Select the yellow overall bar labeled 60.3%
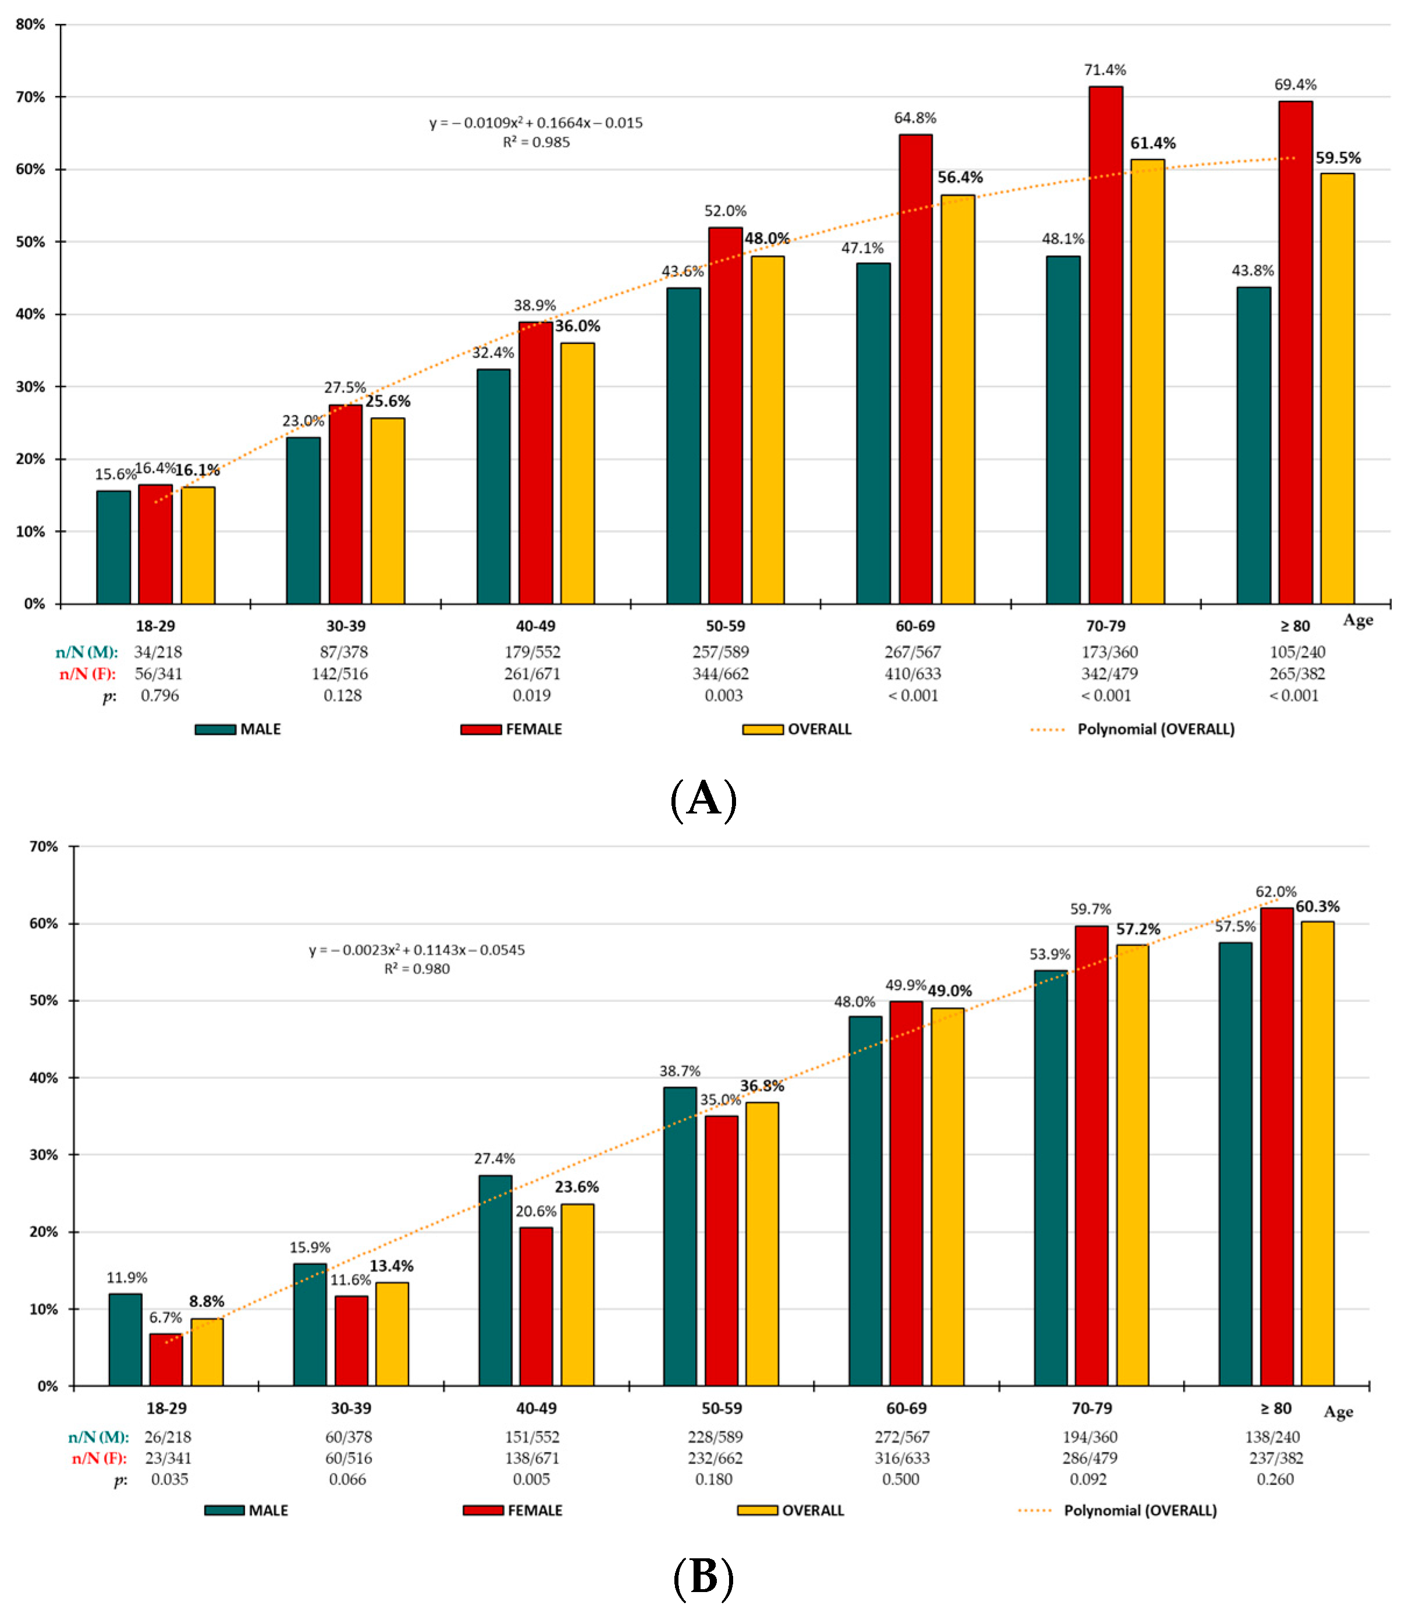1317,1153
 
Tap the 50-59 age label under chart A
724,626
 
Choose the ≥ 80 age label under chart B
1275,1408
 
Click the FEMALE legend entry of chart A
512,729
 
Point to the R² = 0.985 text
536,143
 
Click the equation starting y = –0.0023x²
417,950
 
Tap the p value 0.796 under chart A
160,695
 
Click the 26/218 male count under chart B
168,1437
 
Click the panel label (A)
703,800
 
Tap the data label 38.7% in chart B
680,1071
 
